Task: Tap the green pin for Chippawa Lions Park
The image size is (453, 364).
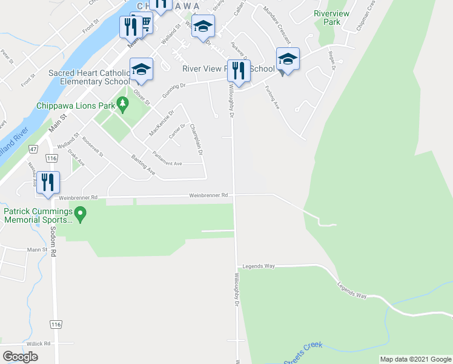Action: click(124, 105)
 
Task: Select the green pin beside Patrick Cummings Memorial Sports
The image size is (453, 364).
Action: click(83, 214)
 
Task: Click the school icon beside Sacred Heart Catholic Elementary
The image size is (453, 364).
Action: click(141, 69)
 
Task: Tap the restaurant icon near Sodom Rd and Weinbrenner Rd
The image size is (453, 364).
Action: click(47, 182)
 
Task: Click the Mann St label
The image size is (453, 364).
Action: click(36, 249)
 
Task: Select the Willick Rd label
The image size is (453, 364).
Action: click(38, 343)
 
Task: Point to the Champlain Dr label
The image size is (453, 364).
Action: click(195, 138)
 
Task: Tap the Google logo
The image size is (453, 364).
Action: click(20, 357)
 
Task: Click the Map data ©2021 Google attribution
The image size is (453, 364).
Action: click(415, 359)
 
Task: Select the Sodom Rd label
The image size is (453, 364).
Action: click(53, 244)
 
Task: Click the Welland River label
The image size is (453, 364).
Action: click(12, 146)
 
